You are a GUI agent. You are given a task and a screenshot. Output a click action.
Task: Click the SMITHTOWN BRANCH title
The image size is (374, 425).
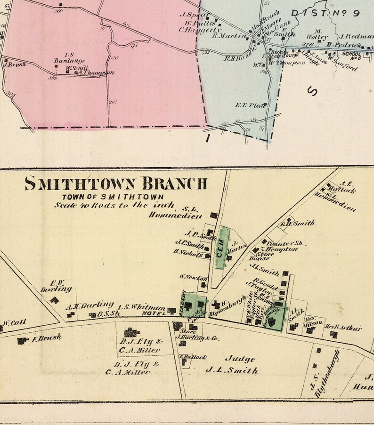point(116,183)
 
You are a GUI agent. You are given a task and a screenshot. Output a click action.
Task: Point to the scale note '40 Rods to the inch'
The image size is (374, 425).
point(114,206)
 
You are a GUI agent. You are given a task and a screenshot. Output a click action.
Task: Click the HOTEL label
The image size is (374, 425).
point(156,313)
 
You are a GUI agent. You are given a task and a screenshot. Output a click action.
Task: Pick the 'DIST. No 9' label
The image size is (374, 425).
point(325,13)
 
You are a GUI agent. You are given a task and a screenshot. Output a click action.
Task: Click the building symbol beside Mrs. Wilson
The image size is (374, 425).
point(310,330)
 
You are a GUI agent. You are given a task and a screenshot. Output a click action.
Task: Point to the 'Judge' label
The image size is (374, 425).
point(243,359)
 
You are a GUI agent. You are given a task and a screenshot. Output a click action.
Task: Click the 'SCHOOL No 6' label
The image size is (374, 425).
point(351,56)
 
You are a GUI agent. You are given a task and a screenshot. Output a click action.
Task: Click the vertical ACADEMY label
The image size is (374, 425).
point(182,301)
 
